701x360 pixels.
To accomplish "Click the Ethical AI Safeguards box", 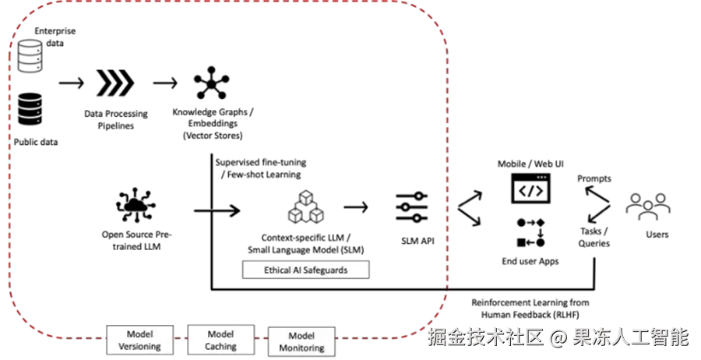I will pyautogui.click(x=306, y=270).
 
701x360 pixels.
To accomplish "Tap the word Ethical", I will pyautogui.click(x=276, y=270).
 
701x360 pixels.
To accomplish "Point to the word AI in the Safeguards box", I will pyautogui.click(x=296, y=270).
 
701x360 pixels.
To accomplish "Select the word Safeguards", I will pyautogui.click(x=325, y=270).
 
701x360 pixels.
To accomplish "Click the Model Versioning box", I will pyautogui.click(x=139, y=341).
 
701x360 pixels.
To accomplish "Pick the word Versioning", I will pyautogui.click(x=139, y=347).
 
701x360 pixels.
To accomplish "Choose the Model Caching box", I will pyautogui.click(x=220, y=341).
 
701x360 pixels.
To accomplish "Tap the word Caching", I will pyautogui.click(x=220, y=347).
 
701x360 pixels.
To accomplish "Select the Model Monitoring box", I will pyautogui.click(x=301, y=341).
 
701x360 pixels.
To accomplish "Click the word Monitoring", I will pyautogui.click(x=301, y=348).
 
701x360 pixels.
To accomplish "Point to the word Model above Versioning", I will pyautogui.click(x=139, y=334).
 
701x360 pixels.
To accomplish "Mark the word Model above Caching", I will pyautogui.click(x=220, y=334).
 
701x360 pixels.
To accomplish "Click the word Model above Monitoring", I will pyautogui.click(x=301, y=336).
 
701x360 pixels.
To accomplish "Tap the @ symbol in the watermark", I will pyautogui.click(x=556, y=337).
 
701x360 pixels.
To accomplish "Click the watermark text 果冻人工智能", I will pyautogui.click(x=631, y=337).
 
